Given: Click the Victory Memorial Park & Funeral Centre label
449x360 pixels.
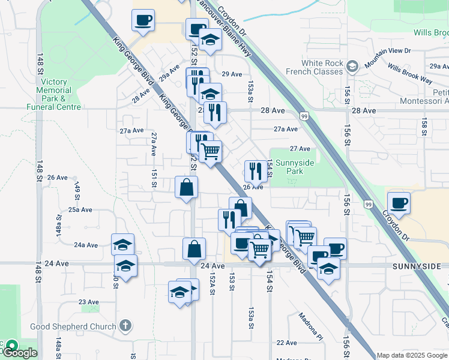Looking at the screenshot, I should pos(53,94).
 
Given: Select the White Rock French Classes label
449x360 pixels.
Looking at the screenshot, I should pos(322,67).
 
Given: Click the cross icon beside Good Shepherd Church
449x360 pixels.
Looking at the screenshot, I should pos(125,326).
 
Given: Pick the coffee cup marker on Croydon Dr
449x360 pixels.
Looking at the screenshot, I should pos(399,203).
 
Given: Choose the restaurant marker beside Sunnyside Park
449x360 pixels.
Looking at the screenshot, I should pos(256,171).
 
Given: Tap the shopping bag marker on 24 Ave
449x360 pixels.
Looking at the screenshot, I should pos(194,248).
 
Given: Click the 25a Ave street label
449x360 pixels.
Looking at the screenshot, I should pos(80,210).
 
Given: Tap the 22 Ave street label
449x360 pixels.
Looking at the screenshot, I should pos(287,343).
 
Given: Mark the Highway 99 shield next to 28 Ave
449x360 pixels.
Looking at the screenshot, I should pos(304,115).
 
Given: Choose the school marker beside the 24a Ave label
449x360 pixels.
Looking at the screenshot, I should pos(122,244).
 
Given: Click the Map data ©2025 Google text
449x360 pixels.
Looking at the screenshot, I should pos(412,355).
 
